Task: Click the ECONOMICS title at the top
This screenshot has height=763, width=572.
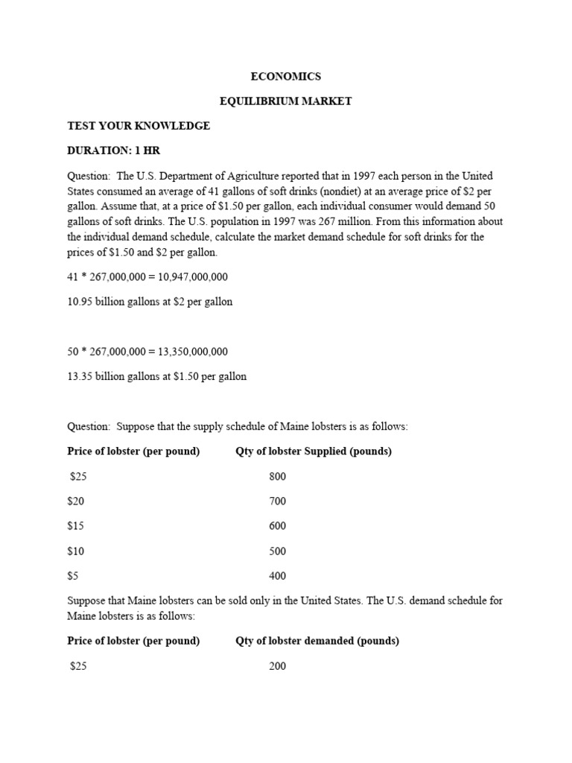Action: coord(285,77)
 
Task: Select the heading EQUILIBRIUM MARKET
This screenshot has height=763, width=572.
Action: coord(285,101)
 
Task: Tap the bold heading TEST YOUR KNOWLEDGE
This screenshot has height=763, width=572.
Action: coord(139,126)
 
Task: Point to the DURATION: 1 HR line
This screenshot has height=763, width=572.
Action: coord(114,151)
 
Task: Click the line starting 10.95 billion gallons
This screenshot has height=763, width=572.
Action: coord(150,302)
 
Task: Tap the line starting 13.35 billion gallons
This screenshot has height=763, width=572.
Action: coord(156,376)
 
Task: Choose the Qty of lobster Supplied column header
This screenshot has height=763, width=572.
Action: coord(314,452)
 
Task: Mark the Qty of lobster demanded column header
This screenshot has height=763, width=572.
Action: coord(317,641)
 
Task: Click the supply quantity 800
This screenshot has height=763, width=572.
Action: coord(277,476)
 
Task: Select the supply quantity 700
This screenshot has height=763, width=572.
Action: coord(277,501)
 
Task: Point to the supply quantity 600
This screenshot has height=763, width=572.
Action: coord(277,526)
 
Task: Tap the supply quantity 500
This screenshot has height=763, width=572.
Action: coord(277,551)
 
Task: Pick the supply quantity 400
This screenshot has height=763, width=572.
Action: coord(277,576)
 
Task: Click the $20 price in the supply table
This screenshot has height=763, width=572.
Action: coord(77,501)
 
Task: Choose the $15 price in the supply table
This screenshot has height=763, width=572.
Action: coord(77,526)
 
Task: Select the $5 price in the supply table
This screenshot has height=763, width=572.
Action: coord(74,576)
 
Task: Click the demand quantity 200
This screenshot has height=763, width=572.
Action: coord(277,666)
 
